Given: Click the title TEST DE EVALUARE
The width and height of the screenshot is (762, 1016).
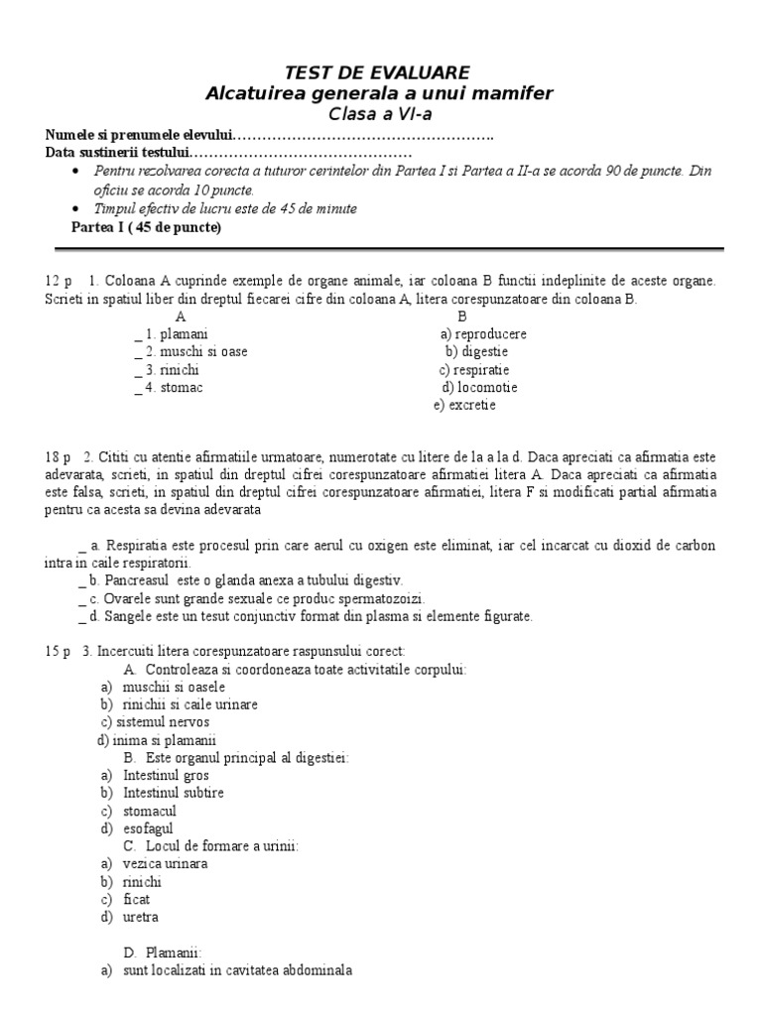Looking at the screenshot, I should pos(378,71).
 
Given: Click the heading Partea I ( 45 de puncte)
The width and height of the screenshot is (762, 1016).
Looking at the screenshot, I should pos(147,227).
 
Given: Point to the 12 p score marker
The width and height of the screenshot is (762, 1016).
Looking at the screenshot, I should pos(59,281).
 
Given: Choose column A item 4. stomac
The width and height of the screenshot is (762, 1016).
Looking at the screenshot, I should pos(175,388).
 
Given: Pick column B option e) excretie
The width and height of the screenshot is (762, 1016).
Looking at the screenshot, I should pos(464,406).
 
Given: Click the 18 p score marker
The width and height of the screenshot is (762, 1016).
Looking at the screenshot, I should pos(59,458).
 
